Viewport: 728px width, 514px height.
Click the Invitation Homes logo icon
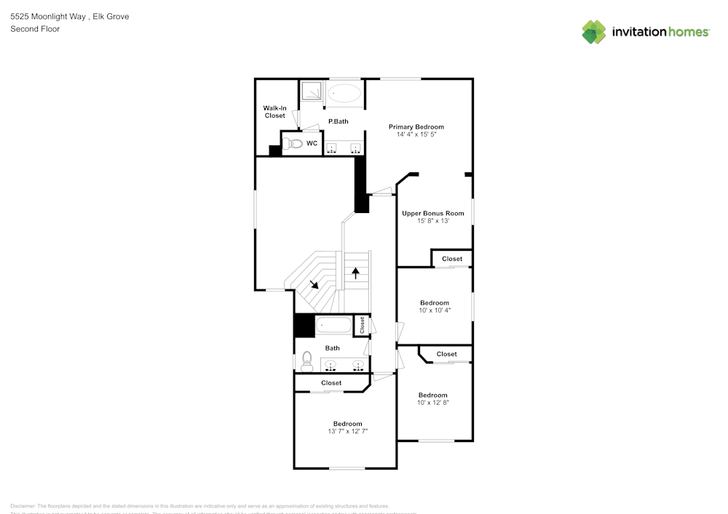pos(593,32)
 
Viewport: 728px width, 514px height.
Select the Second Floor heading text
pos(35,29)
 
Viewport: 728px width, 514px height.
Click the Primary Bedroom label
pos(416,127)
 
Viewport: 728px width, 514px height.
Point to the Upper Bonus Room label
pos(433,213)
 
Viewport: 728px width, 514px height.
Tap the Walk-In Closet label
pos(274,112)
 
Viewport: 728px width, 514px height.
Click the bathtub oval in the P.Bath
pos(343,94)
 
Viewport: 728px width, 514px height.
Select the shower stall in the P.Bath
pos(312,92)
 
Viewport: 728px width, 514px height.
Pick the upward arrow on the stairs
pos(356,273)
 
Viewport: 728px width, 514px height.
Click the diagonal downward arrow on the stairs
pos(313,284)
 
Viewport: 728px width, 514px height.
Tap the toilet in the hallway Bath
pos(306,359)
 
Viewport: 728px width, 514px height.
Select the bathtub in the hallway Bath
pos(333,326)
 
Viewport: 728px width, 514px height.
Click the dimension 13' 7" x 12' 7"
pos(347,432)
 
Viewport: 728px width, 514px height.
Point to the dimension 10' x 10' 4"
pos(435,310)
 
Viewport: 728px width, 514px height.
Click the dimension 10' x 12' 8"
pos(432,403)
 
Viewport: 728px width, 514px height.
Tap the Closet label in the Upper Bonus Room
pos(451,259)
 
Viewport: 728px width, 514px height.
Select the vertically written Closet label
pos(361,325)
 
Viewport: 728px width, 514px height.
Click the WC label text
pos(312,143)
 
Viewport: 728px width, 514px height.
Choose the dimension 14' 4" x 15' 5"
pos(416,134)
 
